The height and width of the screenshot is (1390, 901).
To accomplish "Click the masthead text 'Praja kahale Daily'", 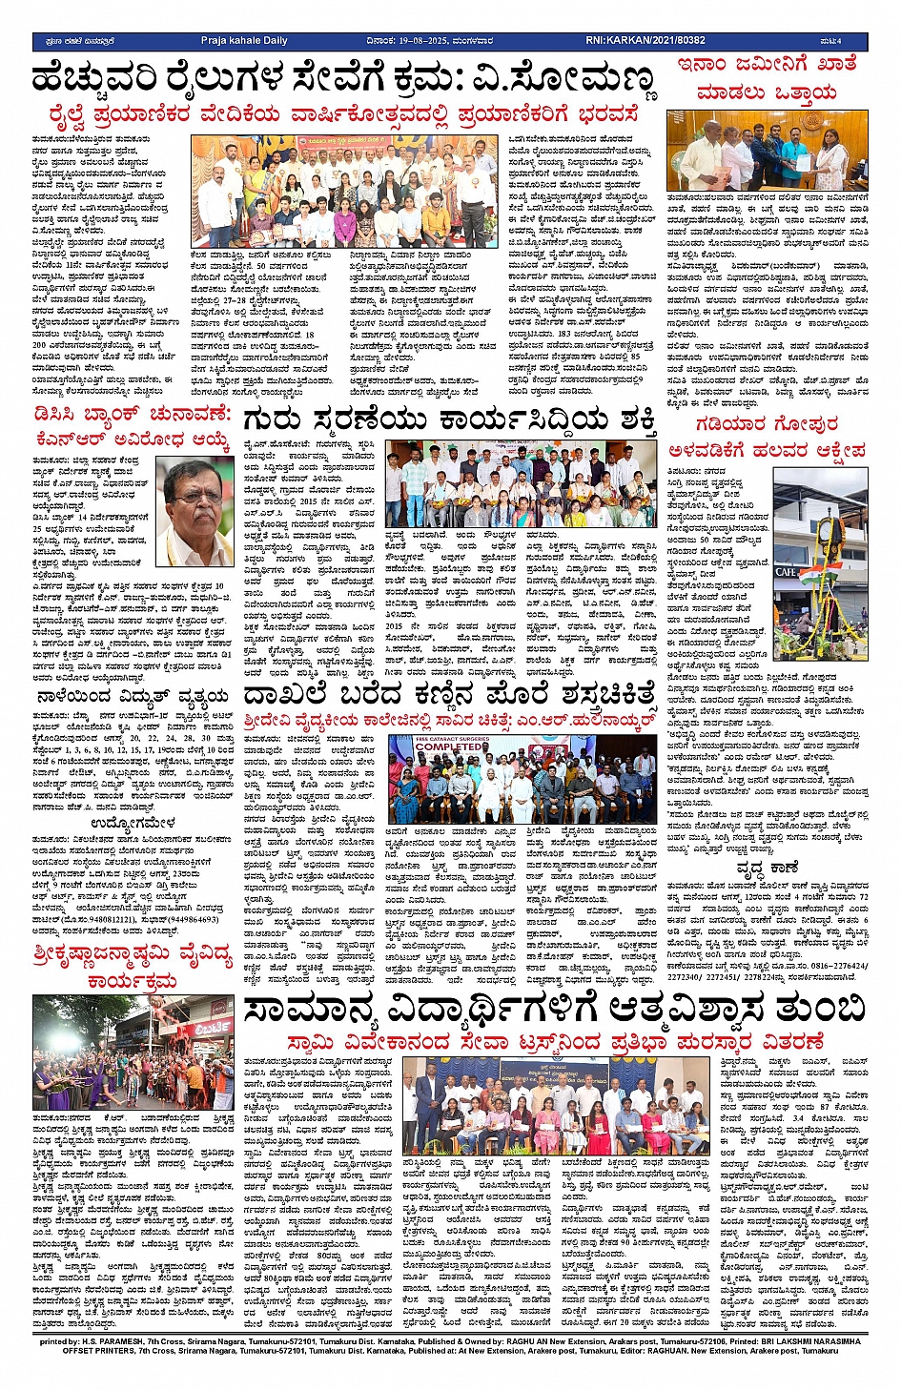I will click(244, 41).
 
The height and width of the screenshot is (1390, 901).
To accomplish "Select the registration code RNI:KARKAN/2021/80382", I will click(645, 41).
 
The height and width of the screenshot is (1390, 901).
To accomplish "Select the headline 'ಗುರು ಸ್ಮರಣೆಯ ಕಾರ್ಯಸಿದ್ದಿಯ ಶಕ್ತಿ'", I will click(449, 421).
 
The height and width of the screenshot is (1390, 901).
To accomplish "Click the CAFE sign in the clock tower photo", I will click(788, 571).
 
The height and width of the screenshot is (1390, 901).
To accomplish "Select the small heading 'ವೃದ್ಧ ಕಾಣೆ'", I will click(766, 868).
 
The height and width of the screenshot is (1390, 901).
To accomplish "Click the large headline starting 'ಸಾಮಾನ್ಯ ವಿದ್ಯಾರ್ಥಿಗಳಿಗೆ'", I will click(553, 1010).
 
